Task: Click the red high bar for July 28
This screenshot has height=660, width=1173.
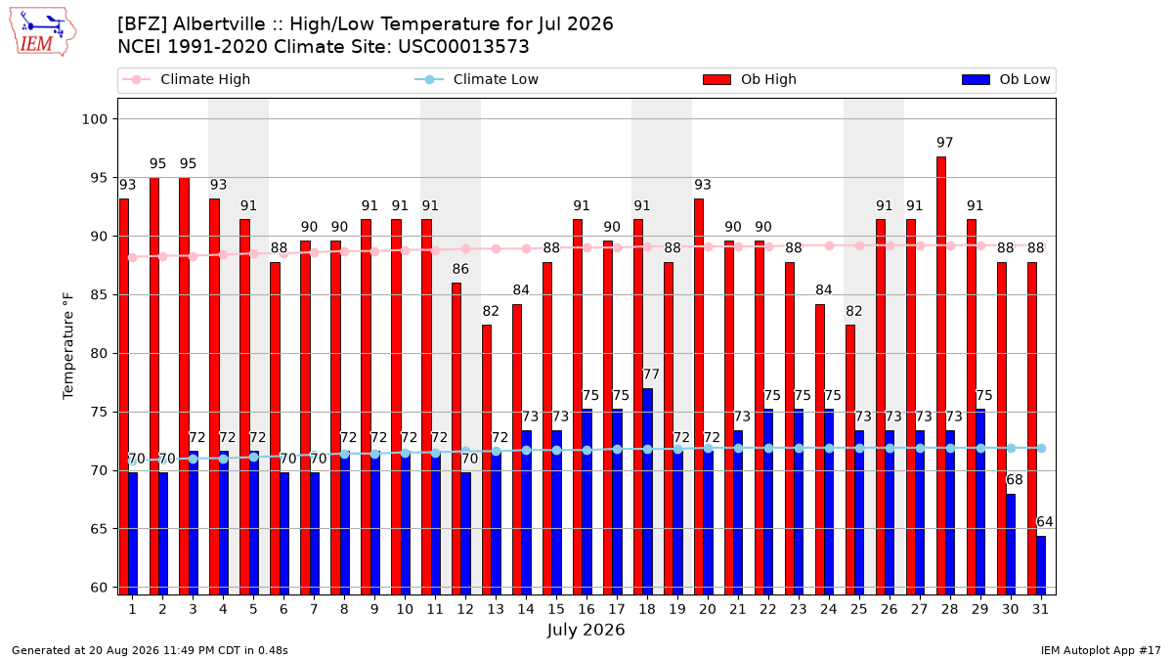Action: [941, 375]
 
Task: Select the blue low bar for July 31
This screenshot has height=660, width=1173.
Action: [1041, 565]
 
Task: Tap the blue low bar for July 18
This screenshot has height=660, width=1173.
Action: [648, 491]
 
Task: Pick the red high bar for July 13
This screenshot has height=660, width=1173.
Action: [487, 460]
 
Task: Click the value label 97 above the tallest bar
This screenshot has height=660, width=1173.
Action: [944, 143]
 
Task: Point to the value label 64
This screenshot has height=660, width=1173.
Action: [1045, 522]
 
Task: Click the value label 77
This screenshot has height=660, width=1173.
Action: [651, 374]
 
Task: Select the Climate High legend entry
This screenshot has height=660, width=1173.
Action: [187, 79]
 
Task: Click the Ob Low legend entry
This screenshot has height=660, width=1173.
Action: [1006, 79]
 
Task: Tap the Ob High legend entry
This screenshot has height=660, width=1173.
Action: [750, 79]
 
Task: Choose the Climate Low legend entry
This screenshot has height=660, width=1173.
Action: [477, 79]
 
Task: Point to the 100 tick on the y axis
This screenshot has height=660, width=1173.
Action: [94, 119]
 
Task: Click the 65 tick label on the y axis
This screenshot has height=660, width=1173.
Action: [99, 529]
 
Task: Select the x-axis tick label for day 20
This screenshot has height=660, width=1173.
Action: [708, 610]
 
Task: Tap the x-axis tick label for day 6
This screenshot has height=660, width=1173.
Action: [283, 610]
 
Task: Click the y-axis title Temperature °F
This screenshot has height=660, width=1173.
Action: [68, 347]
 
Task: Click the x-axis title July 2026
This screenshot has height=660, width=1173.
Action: [586, 630]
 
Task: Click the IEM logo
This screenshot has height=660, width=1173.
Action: [42, 32]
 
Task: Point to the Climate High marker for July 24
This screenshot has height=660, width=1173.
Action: [829, 245]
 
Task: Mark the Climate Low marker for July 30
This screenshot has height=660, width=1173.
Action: [1011, 449]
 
